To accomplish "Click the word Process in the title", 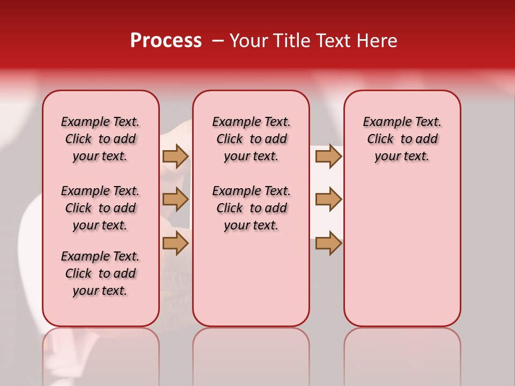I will pos(166,41).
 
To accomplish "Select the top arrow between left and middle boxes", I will pos(175,157).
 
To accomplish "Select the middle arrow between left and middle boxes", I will pos(175,199).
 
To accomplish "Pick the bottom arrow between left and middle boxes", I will pos(175,243).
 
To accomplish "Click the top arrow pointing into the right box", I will pos(328,157).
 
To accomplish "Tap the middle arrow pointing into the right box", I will pos(328,199).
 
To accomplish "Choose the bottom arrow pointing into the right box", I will pos(328,243).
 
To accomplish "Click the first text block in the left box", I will pos(100,139).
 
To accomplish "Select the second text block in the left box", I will pos(100,208).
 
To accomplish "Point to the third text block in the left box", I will pos(100,273).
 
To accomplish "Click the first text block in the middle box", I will pos(251,139).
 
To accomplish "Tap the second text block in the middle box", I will pos(251,208).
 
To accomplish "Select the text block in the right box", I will pos(402,139).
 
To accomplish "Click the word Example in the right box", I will pos(383,122).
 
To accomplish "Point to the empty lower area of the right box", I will pos(402,252).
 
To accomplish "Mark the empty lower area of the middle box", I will pos(251,279).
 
